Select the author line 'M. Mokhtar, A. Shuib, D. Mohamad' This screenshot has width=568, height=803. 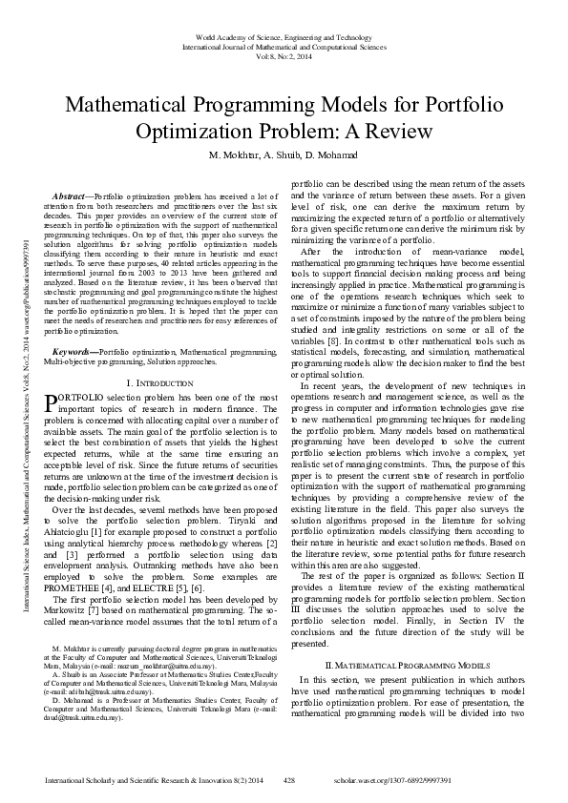tap(284, 154)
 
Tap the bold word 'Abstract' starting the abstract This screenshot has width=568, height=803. tap(73, 194)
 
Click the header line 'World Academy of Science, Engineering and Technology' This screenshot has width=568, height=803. tap(284, 36)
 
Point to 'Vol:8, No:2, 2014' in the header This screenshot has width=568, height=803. tap(284, 55)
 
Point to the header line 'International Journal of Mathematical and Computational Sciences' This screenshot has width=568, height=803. tap(284, 46)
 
